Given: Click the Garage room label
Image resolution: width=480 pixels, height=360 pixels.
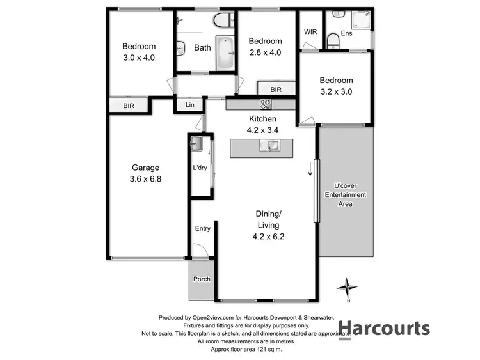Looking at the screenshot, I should (x=145, y=168).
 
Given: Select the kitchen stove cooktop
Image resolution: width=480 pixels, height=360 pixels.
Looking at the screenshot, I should (x=266, y=104).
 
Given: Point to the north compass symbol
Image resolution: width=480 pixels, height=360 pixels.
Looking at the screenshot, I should (x=348, y=288).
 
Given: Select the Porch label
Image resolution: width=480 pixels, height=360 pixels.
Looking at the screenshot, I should (x=202, y=279).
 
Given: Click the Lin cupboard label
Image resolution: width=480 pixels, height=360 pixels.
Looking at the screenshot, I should (x=189, y=105).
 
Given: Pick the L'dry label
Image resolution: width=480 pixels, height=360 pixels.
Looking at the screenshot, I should (x=200, y=168).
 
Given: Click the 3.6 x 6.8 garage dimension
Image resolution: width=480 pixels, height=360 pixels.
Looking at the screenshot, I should (x=145, y=179).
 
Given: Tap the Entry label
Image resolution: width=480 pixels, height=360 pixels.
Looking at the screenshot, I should (x=202, y=228).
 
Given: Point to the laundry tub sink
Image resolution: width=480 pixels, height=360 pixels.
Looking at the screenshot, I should (x=197, y=144).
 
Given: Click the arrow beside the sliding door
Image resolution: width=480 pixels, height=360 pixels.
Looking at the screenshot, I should (x=310, y=169).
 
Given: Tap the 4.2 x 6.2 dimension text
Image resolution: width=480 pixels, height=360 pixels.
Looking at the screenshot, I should (x=268, y=237).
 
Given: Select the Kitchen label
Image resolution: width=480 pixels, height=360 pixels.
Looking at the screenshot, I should (x=262, y=119).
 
